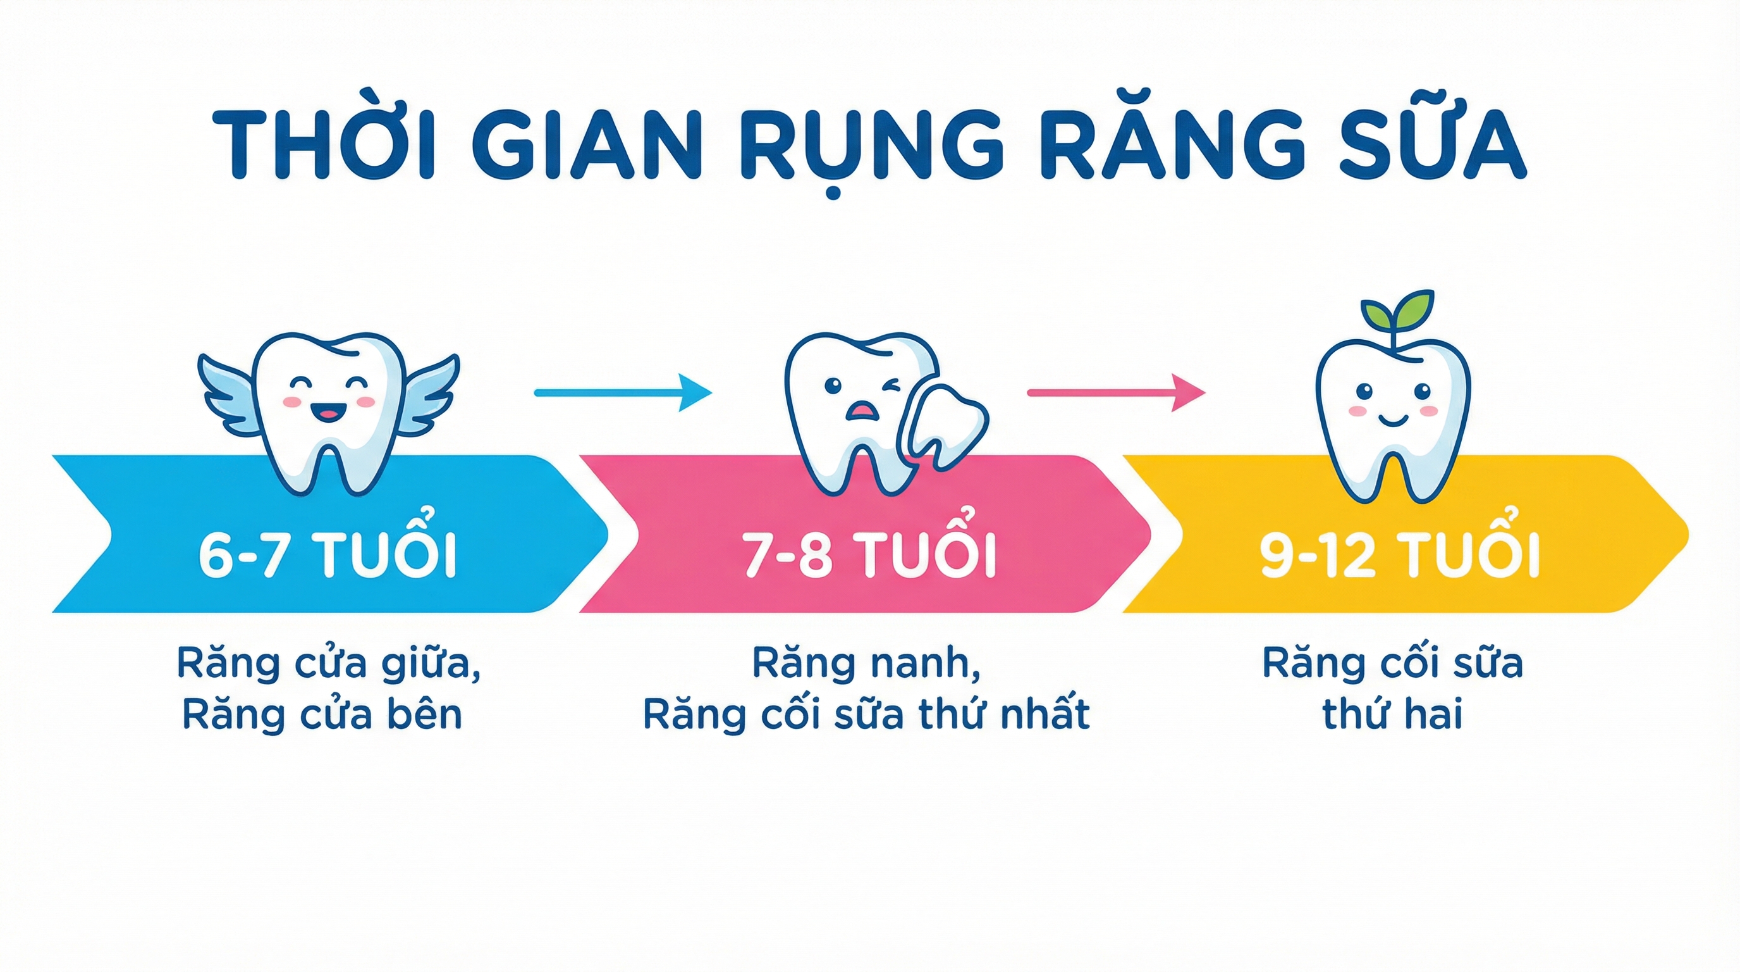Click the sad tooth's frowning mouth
point(861,410)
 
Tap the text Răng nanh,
point(867,664)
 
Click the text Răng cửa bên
point(322,715)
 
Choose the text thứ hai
point(1392,714)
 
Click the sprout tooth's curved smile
point(1394,421)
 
